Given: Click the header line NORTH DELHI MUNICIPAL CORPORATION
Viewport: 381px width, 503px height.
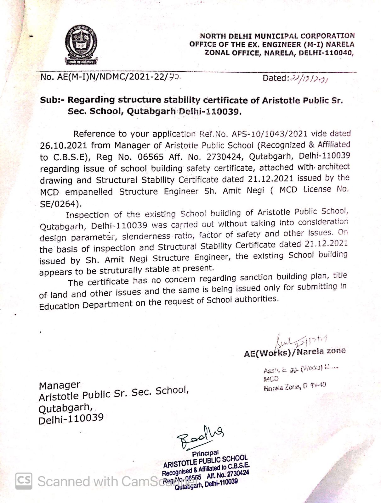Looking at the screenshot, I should tap(277, 36).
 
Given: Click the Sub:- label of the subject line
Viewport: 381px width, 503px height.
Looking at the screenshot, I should tap(52, 100).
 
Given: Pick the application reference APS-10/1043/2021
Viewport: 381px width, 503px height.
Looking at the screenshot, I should tap(270, 134).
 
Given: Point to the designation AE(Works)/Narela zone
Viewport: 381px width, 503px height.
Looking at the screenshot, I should tap(294, 352).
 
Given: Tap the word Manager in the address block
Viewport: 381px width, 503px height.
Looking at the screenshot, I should tap(60, 385).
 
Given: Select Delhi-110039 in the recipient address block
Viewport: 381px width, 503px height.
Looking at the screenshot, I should tap(71, 419).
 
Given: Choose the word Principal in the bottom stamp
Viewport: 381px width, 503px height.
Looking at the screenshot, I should tap(205, 453).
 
